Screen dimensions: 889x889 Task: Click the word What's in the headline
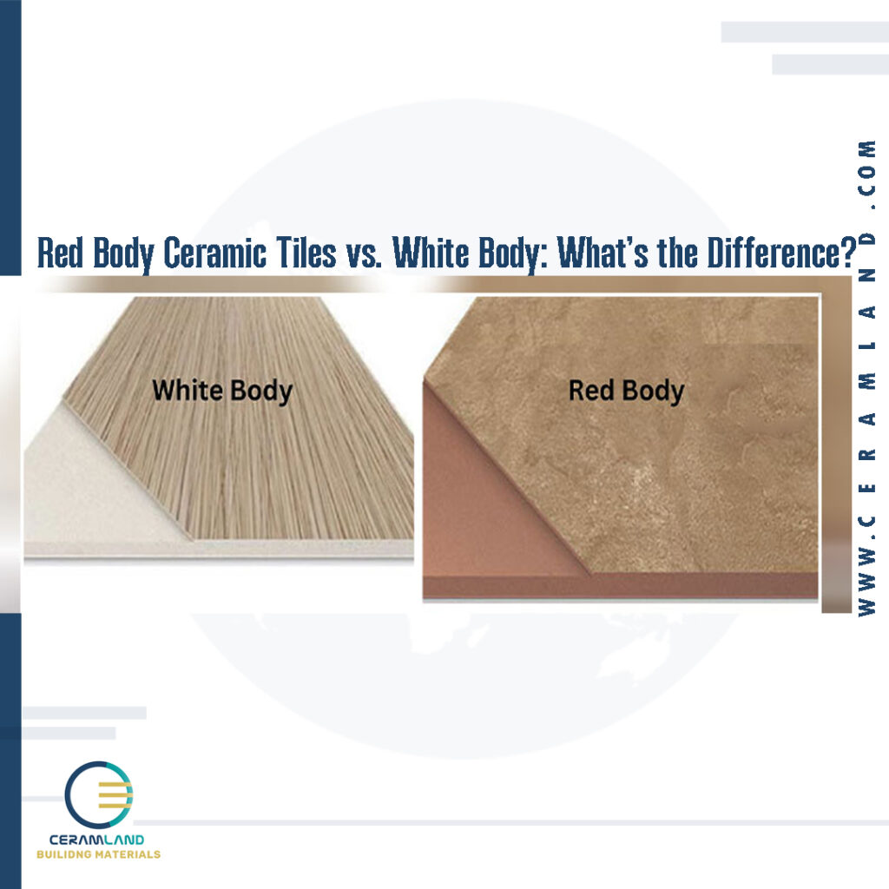(598, 253)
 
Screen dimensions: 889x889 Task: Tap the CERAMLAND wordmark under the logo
(98, 840)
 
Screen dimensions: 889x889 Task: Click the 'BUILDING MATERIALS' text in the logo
(98, 854)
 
